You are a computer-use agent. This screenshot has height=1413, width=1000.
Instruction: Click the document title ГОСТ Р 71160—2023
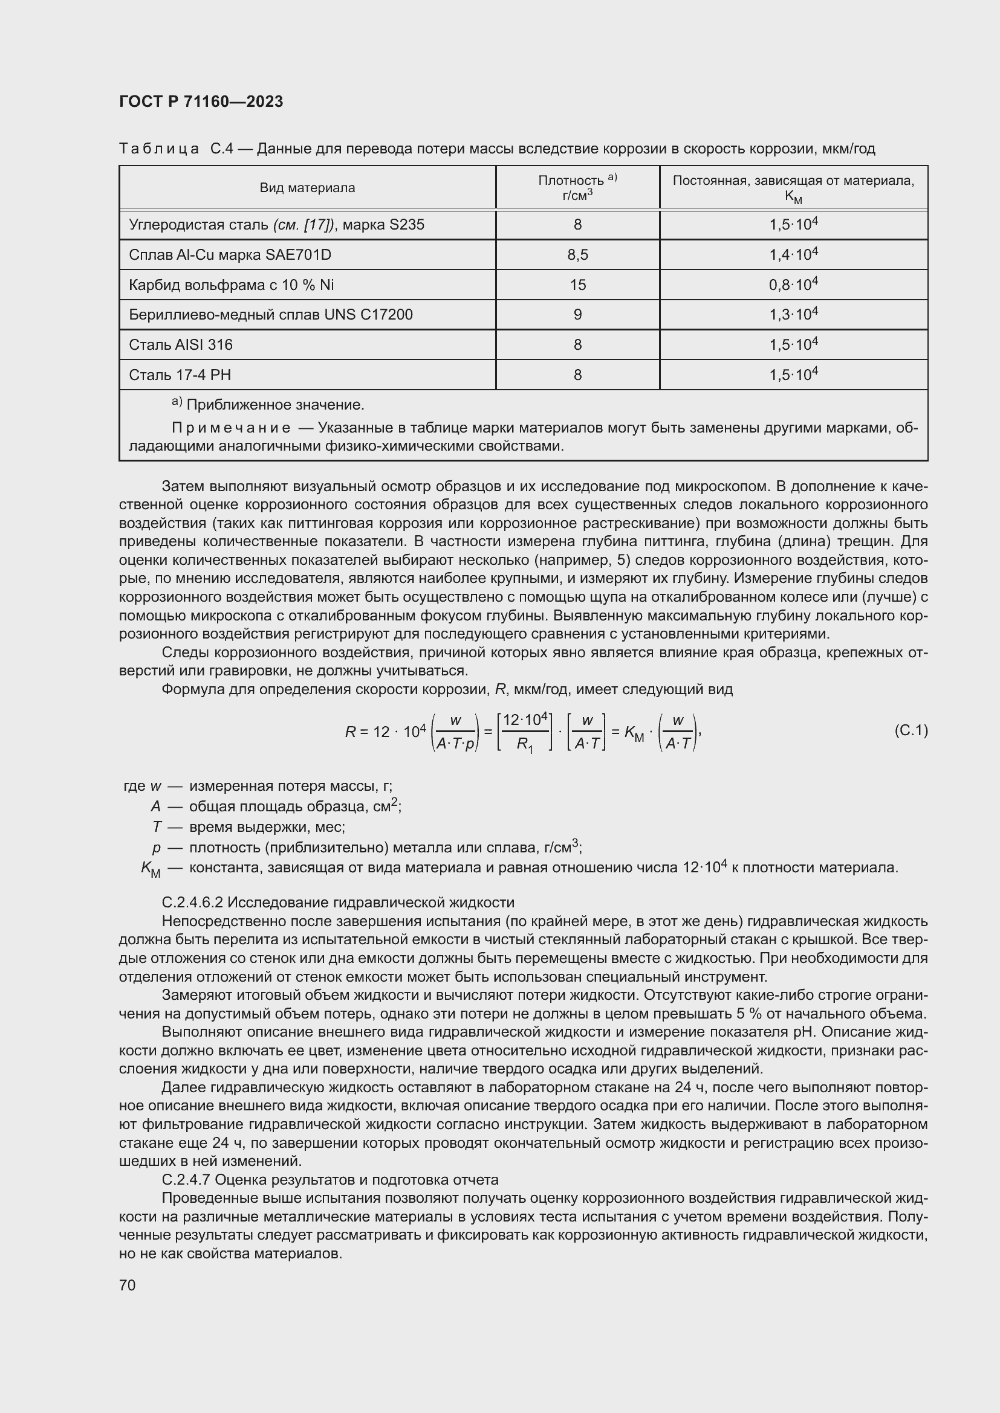pyautogui.click(x=201, y=101)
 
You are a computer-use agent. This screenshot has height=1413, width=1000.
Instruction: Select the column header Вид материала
pyautogui.click(x=307, y=188)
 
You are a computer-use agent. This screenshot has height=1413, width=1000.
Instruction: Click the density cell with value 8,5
pyautogui.click(x=577, y=255)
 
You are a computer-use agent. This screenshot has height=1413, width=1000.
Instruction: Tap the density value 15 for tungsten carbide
pyautogui.click(x=577, y=285)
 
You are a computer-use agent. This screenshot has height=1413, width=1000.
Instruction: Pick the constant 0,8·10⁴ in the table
pyautogui.click(x=793, y=285)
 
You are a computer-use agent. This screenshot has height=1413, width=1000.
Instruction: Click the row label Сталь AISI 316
pyautogui.click(x=180, y=344)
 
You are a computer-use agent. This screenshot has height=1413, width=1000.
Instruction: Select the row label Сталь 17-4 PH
pyautogui.click(x=180, y=375)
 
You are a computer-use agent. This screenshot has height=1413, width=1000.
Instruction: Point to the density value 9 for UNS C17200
pyautogui.click(x=577, y=315)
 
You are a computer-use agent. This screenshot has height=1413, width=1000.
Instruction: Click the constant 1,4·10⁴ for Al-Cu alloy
pyautogui.click(x=793, y=254)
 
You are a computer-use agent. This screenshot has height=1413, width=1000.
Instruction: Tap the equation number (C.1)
pyautogui.click(x=910, y=730)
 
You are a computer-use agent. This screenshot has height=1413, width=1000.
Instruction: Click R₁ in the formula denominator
pyautogui.click(x=524, y=744)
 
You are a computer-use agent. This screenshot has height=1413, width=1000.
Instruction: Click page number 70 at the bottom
pyautogui.click(x=127, y=1285)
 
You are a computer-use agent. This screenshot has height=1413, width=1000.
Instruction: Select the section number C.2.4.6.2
pyautogui.click(x=192, y=903)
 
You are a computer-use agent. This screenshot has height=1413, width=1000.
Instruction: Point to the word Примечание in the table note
pyautogui.click(x=231, y=428)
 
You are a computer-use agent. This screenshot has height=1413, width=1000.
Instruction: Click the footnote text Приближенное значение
pyautogui.click(x=274, y=405)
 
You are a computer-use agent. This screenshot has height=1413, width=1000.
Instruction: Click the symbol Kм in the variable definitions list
pyautogui.click(x=151, y=869)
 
